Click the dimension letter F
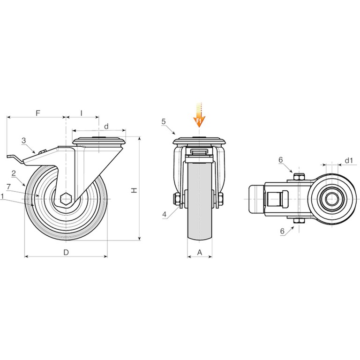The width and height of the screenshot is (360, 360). tap(38, 113)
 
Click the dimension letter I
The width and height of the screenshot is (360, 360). tap(82, 113)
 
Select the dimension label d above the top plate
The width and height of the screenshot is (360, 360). tap(106, 126)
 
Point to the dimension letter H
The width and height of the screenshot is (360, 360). tap(134, 190)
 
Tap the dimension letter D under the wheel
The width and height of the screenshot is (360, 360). tap(66, 252)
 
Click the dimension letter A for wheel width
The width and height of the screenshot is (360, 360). tap(200, 252)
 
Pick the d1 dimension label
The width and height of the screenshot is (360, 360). tap(349, 160)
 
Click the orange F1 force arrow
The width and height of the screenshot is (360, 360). tap(199, 115)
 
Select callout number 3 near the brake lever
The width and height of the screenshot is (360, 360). tap(23, 141)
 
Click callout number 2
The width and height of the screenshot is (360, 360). tap(14, 173)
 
